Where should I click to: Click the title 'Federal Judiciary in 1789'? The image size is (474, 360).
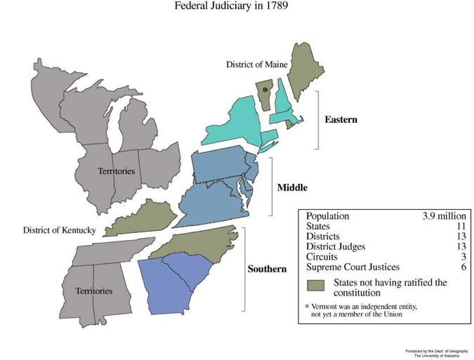click(231, 6)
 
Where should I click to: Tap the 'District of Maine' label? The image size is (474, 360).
click(256, 65)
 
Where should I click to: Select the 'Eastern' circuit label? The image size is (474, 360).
click(341, 120)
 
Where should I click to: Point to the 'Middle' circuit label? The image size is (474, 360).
click(292, 188)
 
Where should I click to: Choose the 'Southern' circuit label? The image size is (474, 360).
click(267, 269)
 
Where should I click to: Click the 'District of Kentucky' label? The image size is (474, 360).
click(59, 230)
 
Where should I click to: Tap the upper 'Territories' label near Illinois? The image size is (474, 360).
click(116, 171)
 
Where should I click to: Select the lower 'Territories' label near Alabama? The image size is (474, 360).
click(93, 291)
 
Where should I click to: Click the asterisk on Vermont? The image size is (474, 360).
click(265, 91)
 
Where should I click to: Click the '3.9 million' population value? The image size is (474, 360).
click(444, 216)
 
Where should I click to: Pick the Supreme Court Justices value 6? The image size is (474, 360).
click(463, 267)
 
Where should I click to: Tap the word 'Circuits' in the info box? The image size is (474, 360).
click(322, 257)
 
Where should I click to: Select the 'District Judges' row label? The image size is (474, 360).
click(336, 247)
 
